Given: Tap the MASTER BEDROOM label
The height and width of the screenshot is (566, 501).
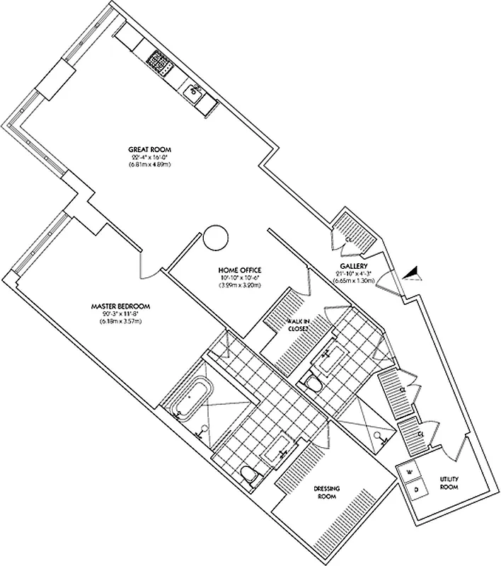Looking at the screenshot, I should tap(120, 306).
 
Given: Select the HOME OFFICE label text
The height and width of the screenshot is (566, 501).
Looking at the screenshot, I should tap(240, 270).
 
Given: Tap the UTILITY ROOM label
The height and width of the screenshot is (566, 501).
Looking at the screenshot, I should tap(449, 483).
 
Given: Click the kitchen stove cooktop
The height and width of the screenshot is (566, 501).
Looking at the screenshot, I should tap(160, 64).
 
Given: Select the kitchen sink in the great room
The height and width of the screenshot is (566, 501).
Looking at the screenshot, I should tap(193, 92).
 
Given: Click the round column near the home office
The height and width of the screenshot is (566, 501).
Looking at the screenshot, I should tap(214, 237).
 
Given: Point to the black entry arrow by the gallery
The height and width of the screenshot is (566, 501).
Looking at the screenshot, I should tap(412, 272).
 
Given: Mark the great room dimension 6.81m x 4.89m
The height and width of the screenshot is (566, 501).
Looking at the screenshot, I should tap(150, 164).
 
